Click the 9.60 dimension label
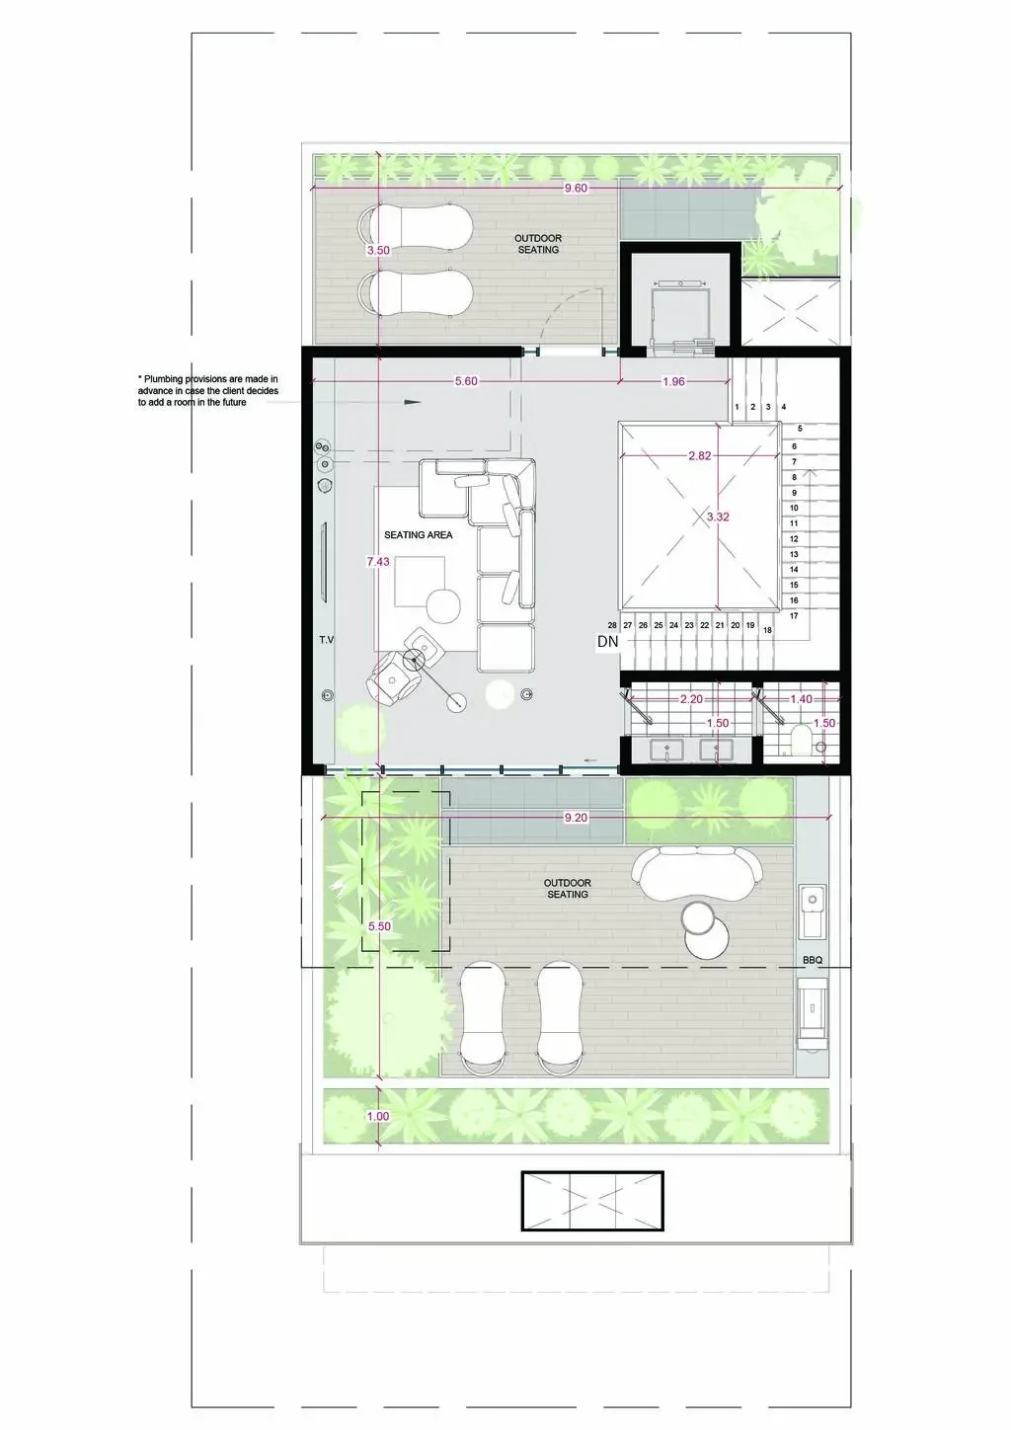point(576,189)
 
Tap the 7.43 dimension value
point(378,562)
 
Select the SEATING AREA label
point(418,535)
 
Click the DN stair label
point(607,642)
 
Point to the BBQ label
point(813,960)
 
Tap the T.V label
point(327,639)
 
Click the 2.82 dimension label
point(700,456)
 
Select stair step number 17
point(794,616)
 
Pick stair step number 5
point(800,429)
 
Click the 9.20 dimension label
point(576,818)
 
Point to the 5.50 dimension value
point(379,926)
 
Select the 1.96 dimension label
point(673,382)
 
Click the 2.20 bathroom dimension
point(691,699)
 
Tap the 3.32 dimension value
point(718,517)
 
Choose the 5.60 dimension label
point(466,382)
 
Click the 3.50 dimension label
point(378,251)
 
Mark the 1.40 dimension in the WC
point(801,699)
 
